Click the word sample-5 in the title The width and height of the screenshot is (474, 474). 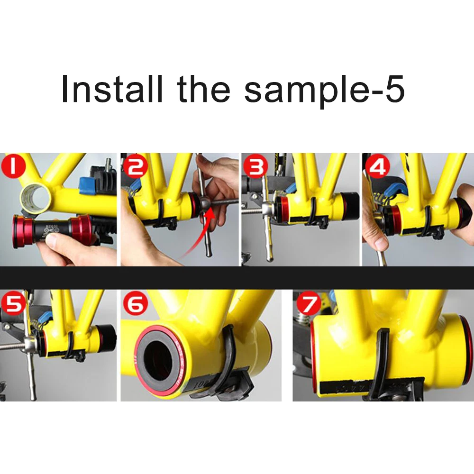(x=325, y=89)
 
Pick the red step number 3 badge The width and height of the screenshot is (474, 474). (x=255, y=166)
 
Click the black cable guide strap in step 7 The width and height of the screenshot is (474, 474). (x=381, y=360)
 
